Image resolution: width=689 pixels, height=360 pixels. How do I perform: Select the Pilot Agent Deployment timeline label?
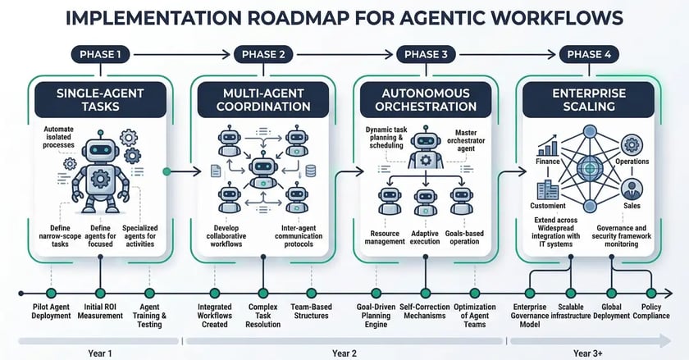pos(52,312)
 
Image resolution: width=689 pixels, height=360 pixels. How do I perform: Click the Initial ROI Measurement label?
pos(99,312)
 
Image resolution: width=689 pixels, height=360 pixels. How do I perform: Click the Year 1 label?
pos(98,352)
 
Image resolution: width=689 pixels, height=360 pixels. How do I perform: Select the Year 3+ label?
pos(588,352)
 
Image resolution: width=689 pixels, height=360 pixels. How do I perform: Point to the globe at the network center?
pos(587,168)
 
